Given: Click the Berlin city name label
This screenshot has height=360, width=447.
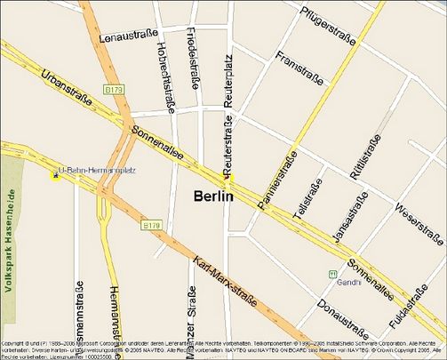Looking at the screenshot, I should tap(213, 196).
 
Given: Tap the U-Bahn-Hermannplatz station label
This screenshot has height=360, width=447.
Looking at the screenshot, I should tap(97, 171).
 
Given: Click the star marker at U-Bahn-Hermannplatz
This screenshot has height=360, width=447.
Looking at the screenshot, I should tap(56, 175).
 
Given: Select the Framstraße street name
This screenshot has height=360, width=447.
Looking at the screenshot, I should tap(299, 74).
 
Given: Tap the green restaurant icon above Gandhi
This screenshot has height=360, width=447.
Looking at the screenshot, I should tap(333, 274).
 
